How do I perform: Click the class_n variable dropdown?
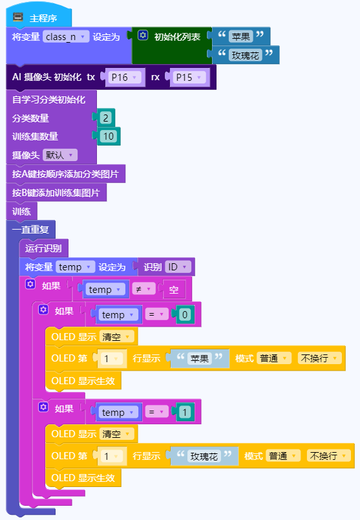tap(66, 36)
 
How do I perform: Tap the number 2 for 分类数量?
tap(106, 118)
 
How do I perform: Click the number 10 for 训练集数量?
tap(109, 136)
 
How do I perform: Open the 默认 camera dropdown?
tap(59, 155)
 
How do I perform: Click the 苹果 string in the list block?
tap(241, 36)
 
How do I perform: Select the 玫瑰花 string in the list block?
tap(246, 55)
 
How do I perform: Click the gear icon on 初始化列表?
tap(143, 35)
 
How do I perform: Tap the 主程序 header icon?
tap(18, 17)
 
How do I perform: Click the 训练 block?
tap(21, 211)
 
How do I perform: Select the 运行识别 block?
tap(43, 248)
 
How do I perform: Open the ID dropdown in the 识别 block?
tap(177, 267)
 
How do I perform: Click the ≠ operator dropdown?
tap(143, 289)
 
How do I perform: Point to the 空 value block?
tap(174, 290)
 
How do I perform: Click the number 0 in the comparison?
tap(185, 314)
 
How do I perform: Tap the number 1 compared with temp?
tap(185, 412)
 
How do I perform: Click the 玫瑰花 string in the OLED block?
tap(204, 456)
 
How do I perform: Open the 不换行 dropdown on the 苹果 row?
tap(319, 358)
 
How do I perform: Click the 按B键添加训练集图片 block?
tap(56, 193)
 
